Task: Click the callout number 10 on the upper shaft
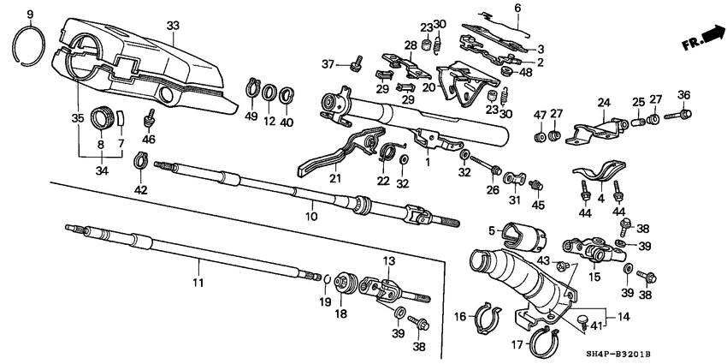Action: (x=312, y=204)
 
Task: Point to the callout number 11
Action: (x=198, y=283)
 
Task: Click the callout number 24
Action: (x=603, y=103)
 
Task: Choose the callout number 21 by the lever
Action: (x=334, y=177)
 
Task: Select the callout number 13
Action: (x=387, y=260)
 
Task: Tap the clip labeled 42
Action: (x=141, y=158)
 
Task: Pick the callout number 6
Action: (x=516, y=8)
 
